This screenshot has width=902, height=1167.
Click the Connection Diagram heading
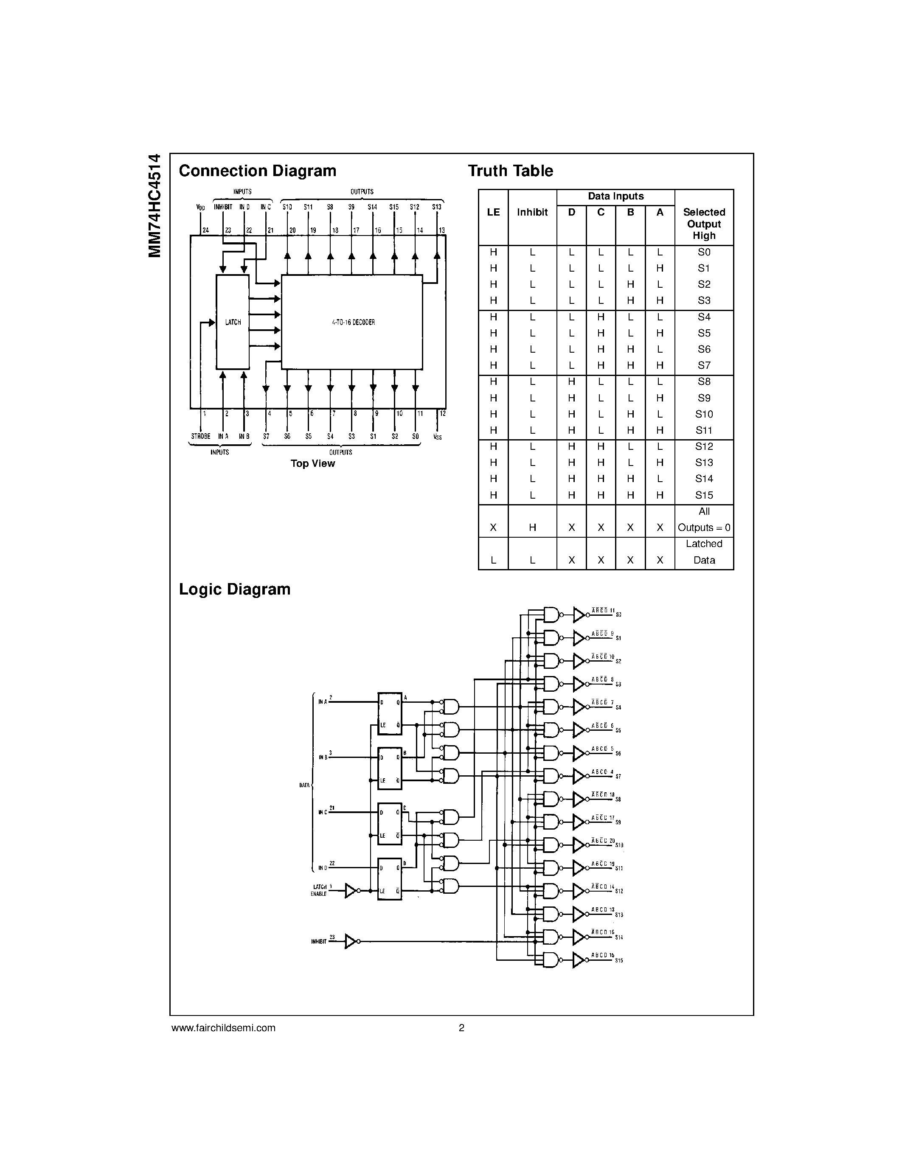click(257, 171)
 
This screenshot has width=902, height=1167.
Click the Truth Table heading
click(510, 171)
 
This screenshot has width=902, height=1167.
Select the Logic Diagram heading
click(235, 589)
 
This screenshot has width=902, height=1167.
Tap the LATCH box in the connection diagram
click(233, 322)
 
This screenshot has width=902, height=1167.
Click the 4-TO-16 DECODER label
click(353, 322)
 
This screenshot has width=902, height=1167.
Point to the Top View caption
click(312, 464)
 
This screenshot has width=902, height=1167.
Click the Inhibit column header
click(532, 212)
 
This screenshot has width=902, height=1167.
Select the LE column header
click(493, 212)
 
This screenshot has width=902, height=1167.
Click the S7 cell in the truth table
click(704, 365)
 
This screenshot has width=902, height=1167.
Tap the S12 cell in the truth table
click(704, 446)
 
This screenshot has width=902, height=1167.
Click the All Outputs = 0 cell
click(704, 520)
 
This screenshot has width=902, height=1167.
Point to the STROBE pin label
click(200, 437)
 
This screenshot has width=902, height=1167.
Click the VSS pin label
click(438, 437)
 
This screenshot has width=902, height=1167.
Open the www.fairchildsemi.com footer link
click(223, 1027)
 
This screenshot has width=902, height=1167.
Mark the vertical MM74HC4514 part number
click(155, 205)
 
